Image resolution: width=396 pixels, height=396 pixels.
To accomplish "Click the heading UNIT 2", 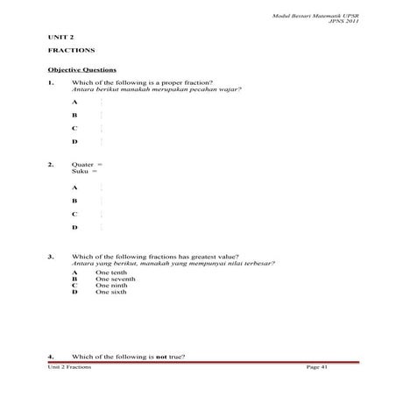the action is click(60, 39).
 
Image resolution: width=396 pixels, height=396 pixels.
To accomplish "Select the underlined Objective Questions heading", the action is click(81, 69).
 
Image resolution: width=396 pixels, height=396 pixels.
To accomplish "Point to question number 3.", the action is click(51, 257).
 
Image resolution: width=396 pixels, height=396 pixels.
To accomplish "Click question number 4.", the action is click(51, 357).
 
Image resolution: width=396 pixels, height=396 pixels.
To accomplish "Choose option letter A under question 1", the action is click(74, 103).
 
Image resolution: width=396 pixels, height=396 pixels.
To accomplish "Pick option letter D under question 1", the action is click(74, 140).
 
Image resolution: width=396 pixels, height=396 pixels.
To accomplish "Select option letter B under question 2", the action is click(74, 201).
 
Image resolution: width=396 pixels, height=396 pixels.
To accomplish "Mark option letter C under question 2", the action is click(74, 214).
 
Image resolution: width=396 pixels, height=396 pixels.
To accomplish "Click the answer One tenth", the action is click(111, 272).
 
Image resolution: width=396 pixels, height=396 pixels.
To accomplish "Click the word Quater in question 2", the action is click(83, 164).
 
